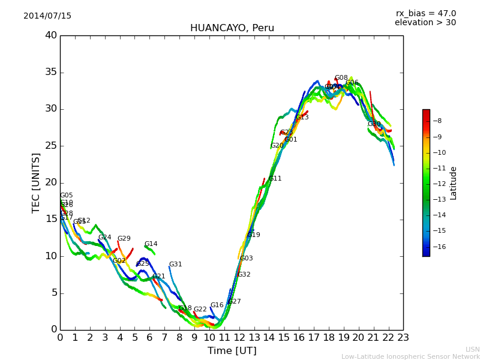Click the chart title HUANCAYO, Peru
(x=232, y=28)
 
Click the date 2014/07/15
(x=47, y=16)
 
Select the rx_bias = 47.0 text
(x=425, y=14)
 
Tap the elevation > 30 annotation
(x=425, y=23)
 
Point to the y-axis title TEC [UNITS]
(x=36, y=182)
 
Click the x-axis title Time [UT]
(x=232, y=351)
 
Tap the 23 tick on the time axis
(x=403, y=338)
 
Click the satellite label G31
(x=175, y=265)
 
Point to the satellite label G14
(x=151, y=244)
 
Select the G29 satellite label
(x=124, y=239)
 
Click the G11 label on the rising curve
(x=275, y=179)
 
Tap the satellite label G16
(x=217, y=305)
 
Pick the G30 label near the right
(x=374, y=124)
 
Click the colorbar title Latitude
(x=454, y=182)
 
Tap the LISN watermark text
(x=472, y=349)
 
